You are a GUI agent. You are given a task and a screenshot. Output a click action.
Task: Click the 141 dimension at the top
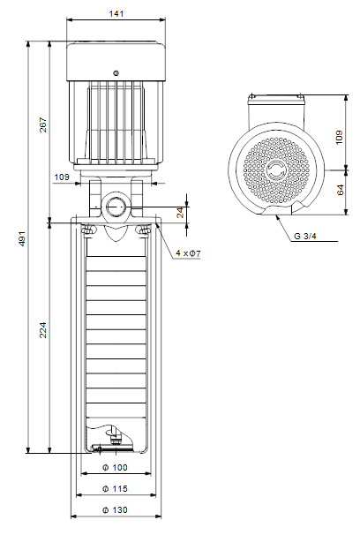(x=116, y=13)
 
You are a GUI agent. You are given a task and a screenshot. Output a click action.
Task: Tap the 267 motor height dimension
(x=43, y=124)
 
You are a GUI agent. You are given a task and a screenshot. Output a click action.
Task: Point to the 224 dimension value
(x=43, y=329)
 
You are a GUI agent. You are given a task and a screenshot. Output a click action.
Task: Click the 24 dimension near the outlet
(x=181, y=212)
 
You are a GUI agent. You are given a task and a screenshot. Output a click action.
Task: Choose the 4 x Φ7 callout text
(x=188, y=253)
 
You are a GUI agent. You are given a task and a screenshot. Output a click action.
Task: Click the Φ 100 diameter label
(x=116, y=467)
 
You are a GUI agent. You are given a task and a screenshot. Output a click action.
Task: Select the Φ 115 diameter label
(x=116, y=488)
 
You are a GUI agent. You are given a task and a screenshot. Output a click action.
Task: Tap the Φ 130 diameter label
(x=116, y=510)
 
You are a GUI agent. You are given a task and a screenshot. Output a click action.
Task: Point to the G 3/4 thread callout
(x=305, y=236)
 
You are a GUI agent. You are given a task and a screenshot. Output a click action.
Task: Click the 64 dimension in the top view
(x=340, y=190)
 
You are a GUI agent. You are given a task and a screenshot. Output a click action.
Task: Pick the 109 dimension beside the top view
(x=339, y=137)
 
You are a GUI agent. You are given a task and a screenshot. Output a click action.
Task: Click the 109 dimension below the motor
(x=62, y=177)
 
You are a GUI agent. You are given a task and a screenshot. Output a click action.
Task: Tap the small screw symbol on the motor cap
(x=116, y=73)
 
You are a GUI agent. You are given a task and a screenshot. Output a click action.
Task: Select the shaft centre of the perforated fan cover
(x=276, y=170)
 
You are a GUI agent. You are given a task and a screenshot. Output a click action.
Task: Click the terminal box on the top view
(x=276, y=112)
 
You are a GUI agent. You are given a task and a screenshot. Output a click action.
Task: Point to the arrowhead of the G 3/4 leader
(x=277, y=217)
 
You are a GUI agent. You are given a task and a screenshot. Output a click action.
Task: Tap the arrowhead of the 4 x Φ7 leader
(x=157, y=223)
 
